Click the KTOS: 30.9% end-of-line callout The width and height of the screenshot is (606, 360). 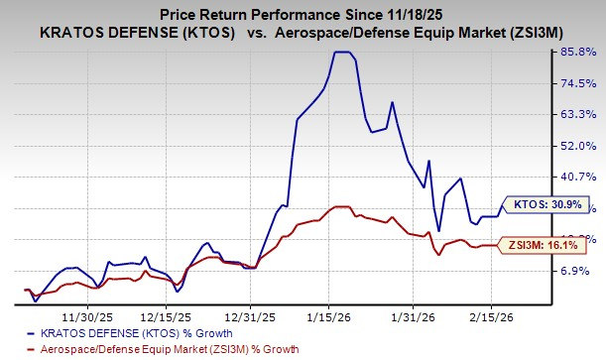click(544, 205)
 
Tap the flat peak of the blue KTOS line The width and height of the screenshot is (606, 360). click(341, 53)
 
